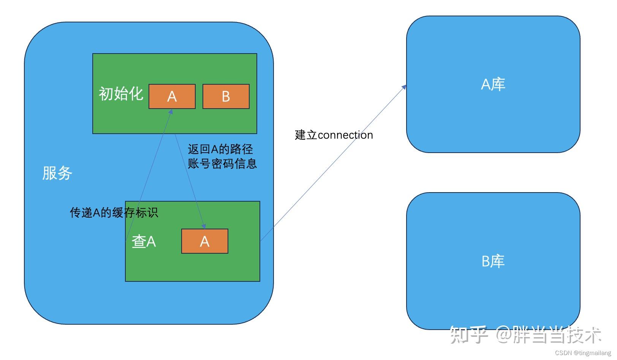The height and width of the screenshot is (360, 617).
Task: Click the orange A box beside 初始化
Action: tap(172, 96)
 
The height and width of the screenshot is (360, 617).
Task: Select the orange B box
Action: tap(226, 96)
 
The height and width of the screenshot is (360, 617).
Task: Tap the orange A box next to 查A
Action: tap(204, 241)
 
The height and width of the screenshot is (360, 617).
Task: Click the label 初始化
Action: tap(121, 94)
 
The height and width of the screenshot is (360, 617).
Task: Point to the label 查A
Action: tap(144, 242)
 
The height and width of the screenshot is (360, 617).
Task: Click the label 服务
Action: tap(57, 173)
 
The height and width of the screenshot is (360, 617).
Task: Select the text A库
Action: tap(493, 84)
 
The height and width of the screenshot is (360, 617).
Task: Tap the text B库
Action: tap(493, 261)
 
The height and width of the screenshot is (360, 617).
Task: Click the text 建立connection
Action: tap(334, 135)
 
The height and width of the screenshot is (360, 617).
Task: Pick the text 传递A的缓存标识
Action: tap(114, 212)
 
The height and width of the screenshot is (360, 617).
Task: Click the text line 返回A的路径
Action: tap(220, 149)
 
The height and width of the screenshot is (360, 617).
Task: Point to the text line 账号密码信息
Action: tap(222, 164)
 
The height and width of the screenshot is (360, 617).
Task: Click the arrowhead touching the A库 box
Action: tap(405, 87)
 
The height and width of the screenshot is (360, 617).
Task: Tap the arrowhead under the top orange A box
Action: tap(171, 112)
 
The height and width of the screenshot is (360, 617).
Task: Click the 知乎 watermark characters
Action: tap(468, 335)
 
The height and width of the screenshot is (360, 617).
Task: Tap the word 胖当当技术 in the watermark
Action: tap(557, 335)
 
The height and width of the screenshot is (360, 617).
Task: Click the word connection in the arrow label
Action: tap(345, 135)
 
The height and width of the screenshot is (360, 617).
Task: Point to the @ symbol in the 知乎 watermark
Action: tap(504, 335)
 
